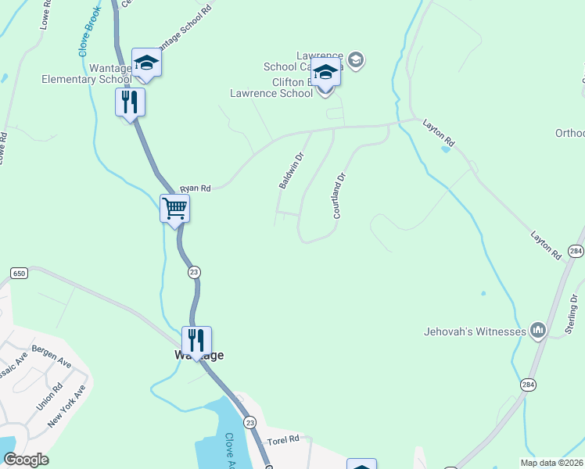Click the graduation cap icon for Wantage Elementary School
(x=146, y=63)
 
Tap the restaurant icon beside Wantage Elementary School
(x=130, y=102)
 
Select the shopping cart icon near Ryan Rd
(x=174, y=209)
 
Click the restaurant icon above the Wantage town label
(x=196, y=340)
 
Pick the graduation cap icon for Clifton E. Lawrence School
(x=325, y=72)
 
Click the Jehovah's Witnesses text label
(x=476, y=331)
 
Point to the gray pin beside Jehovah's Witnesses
(x=537, y=331)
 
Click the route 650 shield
(x=19, y=272)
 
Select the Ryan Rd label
(x=196, y=188)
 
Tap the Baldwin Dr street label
(x=291, y=170)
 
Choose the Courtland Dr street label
(x=339, y=195)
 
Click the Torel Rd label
(x=284, y=440)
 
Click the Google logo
(x=26, y=460)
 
